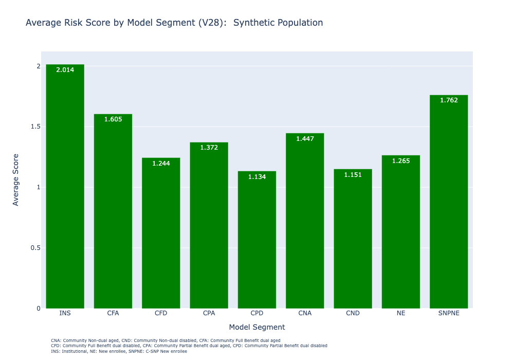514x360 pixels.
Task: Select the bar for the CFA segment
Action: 113,211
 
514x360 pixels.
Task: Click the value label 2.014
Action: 65,70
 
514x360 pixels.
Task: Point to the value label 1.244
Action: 161,164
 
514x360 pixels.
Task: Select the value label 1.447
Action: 305,139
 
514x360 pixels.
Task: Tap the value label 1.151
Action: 353,175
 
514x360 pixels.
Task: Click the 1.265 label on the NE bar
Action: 401,161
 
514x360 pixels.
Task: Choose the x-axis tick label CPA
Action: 209,313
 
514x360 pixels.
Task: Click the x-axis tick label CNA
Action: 305,313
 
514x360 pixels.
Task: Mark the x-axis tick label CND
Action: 353,313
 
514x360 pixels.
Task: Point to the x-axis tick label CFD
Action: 161,313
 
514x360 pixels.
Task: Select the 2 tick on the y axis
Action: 38,66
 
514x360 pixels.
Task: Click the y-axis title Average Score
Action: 16,179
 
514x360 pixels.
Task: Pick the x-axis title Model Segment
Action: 257,327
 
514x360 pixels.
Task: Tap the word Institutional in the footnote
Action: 75,351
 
